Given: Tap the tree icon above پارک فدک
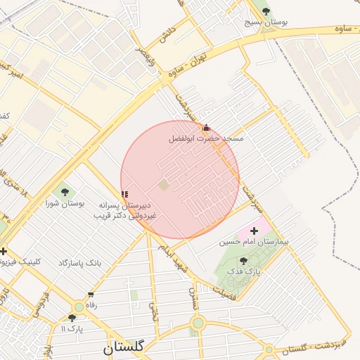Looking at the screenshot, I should [x=243, y=260].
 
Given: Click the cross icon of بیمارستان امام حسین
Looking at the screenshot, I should [x=254, y=231].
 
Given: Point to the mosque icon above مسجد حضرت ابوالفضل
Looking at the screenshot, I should [x=206, y=128].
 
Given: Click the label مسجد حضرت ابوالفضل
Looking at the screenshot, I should [x=206, y=139].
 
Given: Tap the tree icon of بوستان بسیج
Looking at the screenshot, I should [x=265, y=11].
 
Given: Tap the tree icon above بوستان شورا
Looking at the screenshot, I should [x=65, y=191].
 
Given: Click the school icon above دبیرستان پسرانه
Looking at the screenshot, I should [x=125, y=194].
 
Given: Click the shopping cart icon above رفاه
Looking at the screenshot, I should [x=90, y=295].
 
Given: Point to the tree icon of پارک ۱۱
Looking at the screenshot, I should [x=72, y=318].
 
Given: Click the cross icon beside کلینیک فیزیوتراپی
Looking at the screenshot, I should [x=4, y=251].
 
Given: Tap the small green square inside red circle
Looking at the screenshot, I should [x=164, y=185].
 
